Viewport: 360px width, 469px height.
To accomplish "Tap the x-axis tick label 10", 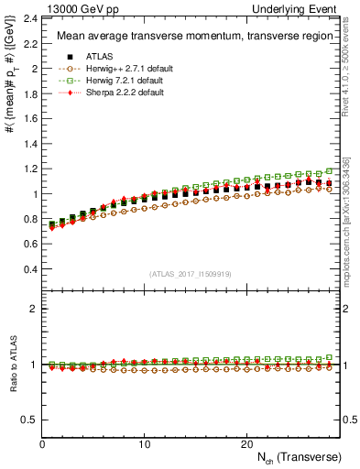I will tap(145, 444).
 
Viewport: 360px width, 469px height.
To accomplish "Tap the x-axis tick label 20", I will tap(246, 444).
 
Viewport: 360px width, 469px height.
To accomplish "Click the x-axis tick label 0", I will tap(43, 444).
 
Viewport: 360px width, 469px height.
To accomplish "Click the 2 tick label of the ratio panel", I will tap(35, 309).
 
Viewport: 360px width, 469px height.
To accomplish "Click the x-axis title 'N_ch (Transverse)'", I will tap(300, 456).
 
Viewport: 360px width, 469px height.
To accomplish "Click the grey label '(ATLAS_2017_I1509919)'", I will tap(191, 274).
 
